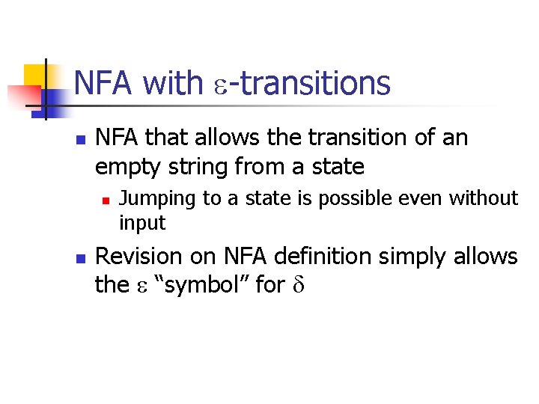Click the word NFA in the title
pos(103,83)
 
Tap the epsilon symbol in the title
pos(219,85)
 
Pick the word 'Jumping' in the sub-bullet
pos(150,199)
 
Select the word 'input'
pos(142,223)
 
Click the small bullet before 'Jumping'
pos(106,200)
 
